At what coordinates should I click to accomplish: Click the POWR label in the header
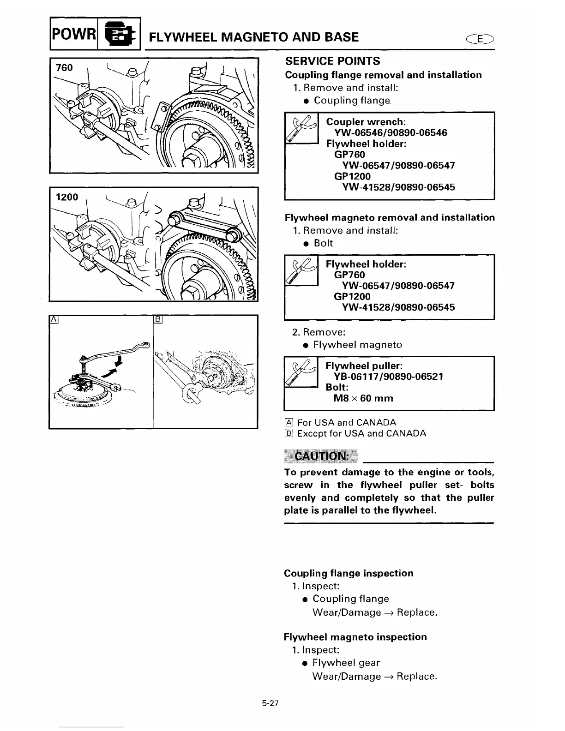click(72, 34)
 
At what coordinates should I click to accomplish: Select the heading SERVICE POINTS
click(332, 61)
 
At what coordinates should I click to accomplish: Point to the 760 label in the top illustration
click(64, 68)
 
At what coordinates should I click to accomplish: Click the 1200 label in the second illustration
click(67, 197)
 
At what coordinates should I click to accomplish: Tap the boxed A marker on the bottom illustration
click(53, 319)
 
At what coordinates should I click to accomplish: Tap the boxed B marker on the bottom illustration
click(157, 319)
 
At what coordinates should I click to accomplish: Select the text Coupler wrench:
click(366, 122)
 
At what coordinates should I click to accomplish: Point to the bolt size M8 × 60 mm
click(363, 398)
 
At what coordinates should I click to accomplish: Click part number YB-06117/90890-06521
click(388, 377)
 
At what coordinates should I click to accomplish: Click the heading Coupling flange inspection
click(349, 573)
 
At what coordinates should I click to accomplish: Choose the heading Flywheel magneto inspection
click(355, 637)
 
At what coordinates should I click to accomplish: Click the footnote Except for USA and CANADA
click(361, 433)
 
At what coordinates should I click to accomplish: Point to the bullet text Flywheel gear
click(346, 663)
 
